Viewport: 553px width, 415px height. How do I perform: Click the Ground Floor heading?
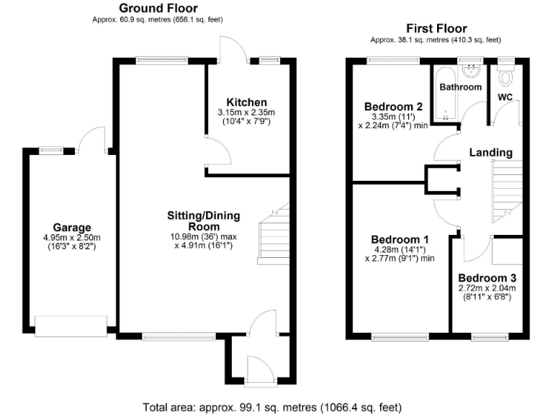[158, 9]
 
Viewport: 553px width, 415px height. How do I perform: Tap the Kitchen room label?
[246, 102]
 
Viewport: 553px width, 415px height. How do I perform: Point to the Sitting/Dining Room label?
[203, 220]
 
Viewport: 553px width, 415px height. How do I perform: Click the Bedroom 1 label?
[400, 239]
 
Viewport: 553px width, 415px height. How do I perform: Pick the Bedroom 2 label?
[392, 107]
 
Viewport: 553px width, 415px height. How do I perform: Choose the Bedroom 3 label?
[487, 277]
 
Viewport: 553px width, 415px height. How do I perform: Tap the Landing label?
[491, 153]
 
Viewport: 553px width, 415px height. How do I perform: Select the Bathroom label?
[461, 87]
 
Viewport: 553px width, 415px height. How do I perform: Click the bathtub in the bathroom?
[444, 92]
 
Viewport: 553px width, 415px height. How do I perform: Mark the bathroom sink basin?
[472, 71]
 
